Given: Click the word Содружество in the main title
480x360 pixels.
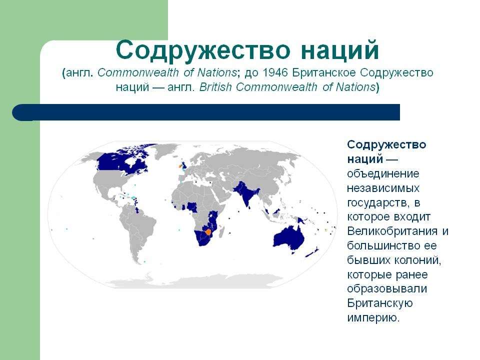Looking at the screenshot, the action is [x=202, y=49].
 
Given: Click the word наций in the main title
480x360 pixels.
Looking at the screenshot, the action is [x=340, y=49].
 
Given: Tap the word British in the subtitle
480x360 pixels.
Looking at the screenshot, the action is [x=215, y=87].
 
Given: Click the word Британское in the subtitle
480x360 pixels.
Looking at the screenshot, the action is [x=324, y=73].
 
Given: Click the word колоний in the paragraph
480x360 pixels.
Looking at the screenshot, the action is [x=417, y=260].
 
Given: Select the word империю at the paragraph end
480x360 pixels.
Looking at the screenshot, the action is [x=373, y=318].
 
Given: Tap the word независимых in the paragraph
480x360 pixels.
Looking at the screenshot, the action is [x=383, y=187].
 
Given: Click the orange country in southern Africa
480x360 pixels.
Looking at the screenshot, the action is [x=209, y=231].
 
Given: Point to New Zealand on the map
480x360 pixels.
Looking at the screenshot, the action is [x=312, y=253].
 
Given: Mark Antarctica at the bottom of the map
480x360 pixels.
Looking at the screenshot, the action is [x=196, y=281].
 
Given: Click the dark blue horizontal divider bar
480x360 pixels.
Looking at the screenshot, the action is [x=206, y=112].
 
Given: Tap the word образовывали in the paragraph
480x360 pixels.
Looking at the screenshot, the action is [x=387, y=289].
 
